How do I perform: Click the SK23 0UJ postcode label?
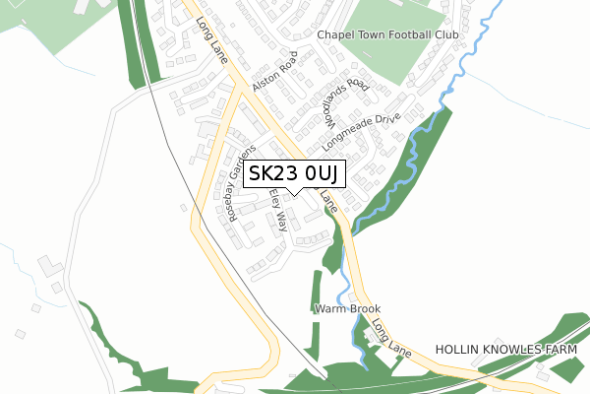[x=293, y=174]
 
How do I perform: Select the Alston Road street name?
[x=273, y=72]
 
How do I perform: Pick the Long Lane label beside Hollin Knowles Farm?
[x=390, y=339]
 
